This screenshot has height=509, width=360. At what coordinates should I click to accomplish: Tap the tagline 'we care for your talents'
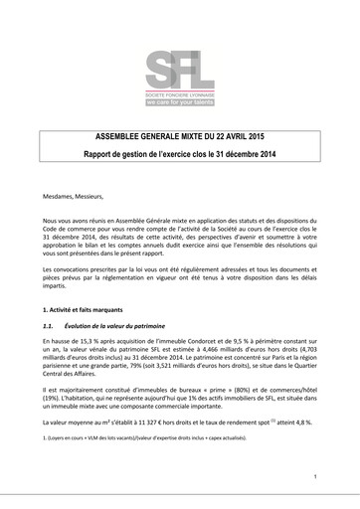coord(179,101)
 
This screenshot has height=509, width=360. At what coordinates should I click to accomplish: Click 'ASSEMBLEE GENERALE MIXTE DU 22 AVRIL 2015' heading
coord(180,139)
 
